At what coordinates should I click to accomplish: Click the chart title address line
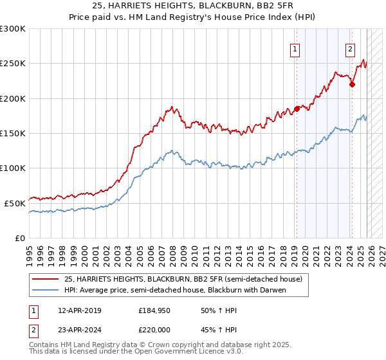pos(192,6)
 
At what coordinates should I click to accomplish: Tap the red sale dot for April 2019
pos(297,109)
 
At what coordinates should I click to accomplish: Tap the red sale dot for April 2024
pos(352,84)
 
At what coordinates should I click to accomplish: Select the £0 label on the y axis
pos(20,237)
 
